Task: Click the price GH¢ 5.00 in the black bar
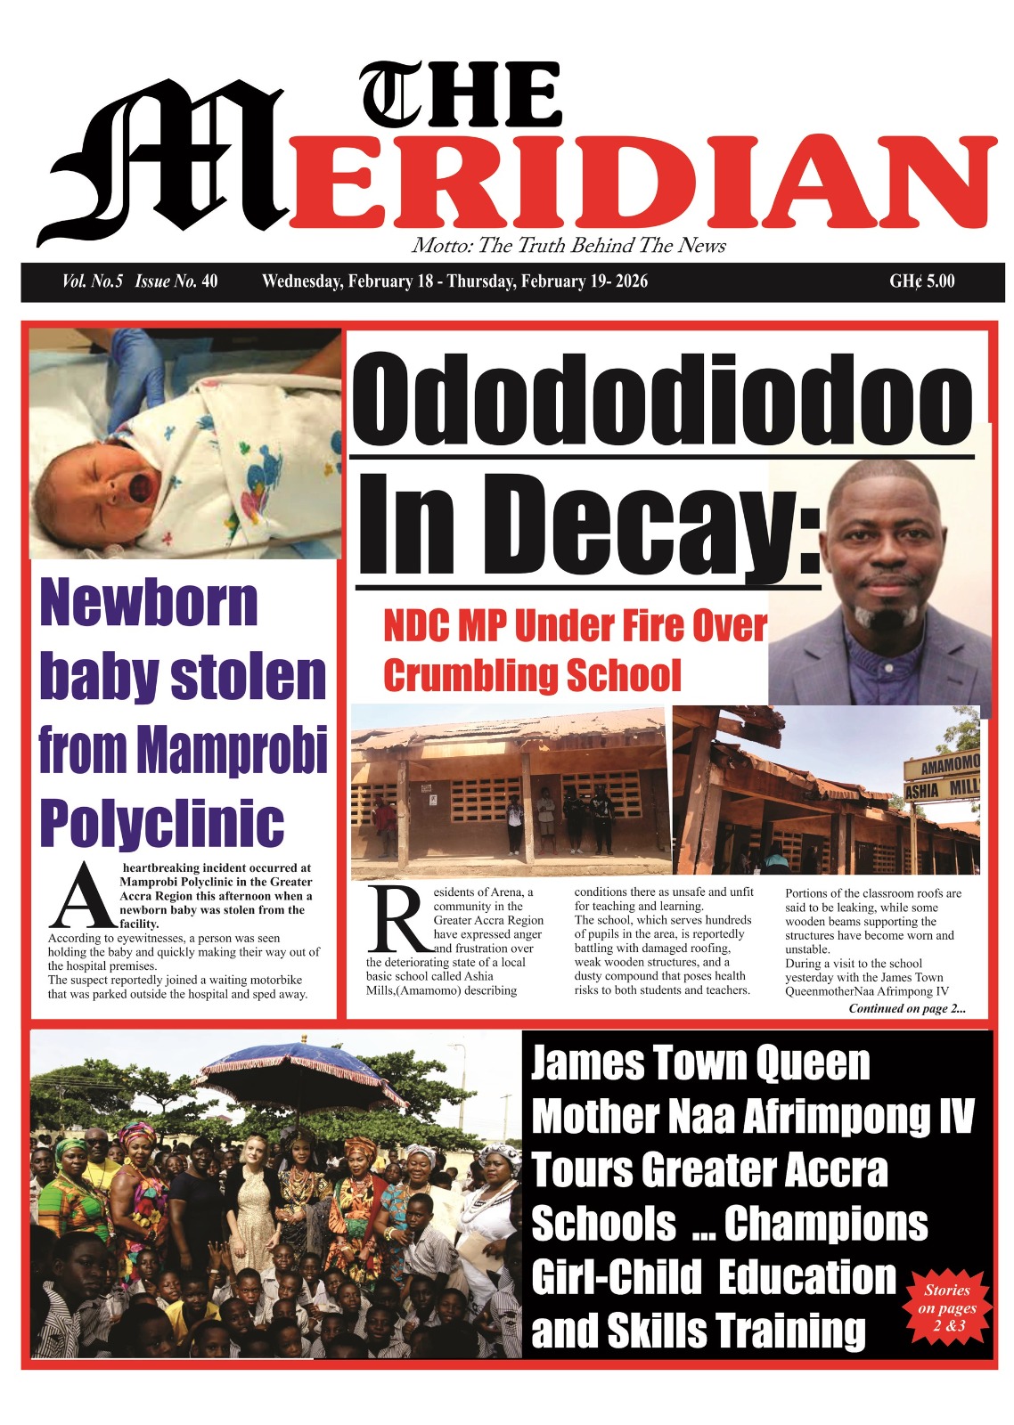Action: tap(921, 281)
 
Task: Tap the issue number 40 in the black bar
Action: tap(209, 281)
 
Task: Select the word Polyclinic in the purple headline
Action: tap(161, 823)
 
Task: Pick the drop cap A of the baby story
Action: tap(82, 895)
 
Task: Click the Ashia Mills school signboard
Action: tap(943, 776)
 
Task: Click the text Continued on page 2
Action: tap(906, 1009)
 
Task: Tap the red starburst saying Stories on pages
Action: tap(947, 1307)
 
